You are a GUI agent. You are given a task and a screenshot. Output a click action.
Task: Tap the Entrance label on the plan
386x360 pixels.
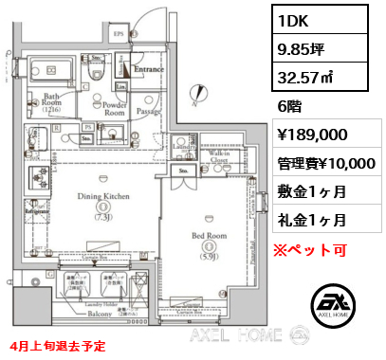coord(151,69)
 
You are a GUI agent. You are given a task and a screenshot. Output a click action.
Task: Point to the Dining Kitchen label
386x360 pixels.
coord(104,196)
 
